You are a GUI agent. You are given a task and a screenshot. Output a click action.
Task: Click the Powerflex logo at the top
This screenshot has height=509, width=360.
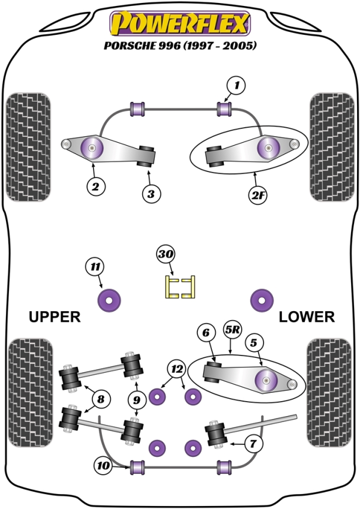pyautogui.click(x=179, y=23)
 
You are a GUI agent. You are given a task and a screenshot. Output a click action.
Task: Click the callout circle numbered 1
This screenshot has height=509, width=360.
pyautogui.click(x=236, y=86)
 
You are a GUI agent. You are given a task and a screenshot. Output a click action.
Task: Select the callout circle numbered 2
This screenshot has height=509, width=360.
pyautogui.click(x=95, y=186)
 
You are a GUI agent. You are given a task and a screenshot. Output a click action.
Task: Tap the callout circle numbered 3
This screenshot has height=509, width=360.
pyautogui.click(x=151, y=194)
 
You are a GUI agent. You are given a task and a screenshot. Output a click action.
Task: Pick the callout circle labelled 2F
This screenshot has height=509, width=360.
pyautogui.click(x=258, y=194)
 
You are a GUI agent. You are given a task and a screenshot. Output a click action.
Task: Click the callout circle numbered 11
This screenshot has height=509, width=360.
pyautogui.click(x=94, y=267)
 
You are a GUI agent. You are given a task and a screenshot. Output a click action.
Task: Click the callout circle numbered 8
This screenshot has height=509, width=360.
pyautogui.click(x=101, y=398)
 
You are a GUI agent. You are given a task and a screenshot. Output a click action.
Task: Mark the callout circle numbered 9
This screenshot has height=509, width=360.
pyautogui.click(x=137, y=399)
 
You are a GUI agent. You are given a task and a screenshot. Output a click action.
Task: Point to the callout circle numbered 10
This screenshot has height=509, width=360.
pyautogui.click(x=102, y=464)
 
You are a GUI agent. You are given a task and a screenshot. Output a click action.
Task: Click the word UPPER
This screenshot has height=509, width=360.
pyautogui.click(x=54, y=317)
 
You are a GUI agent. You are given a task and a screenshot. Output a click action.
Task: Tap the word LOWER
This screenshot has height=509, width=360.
pyautogui.click(x=307, y=317)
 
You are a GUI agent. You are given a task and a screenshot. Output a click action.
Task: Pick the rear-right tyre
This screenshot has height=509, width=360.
pyautogui.click(x=329, y=392)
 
